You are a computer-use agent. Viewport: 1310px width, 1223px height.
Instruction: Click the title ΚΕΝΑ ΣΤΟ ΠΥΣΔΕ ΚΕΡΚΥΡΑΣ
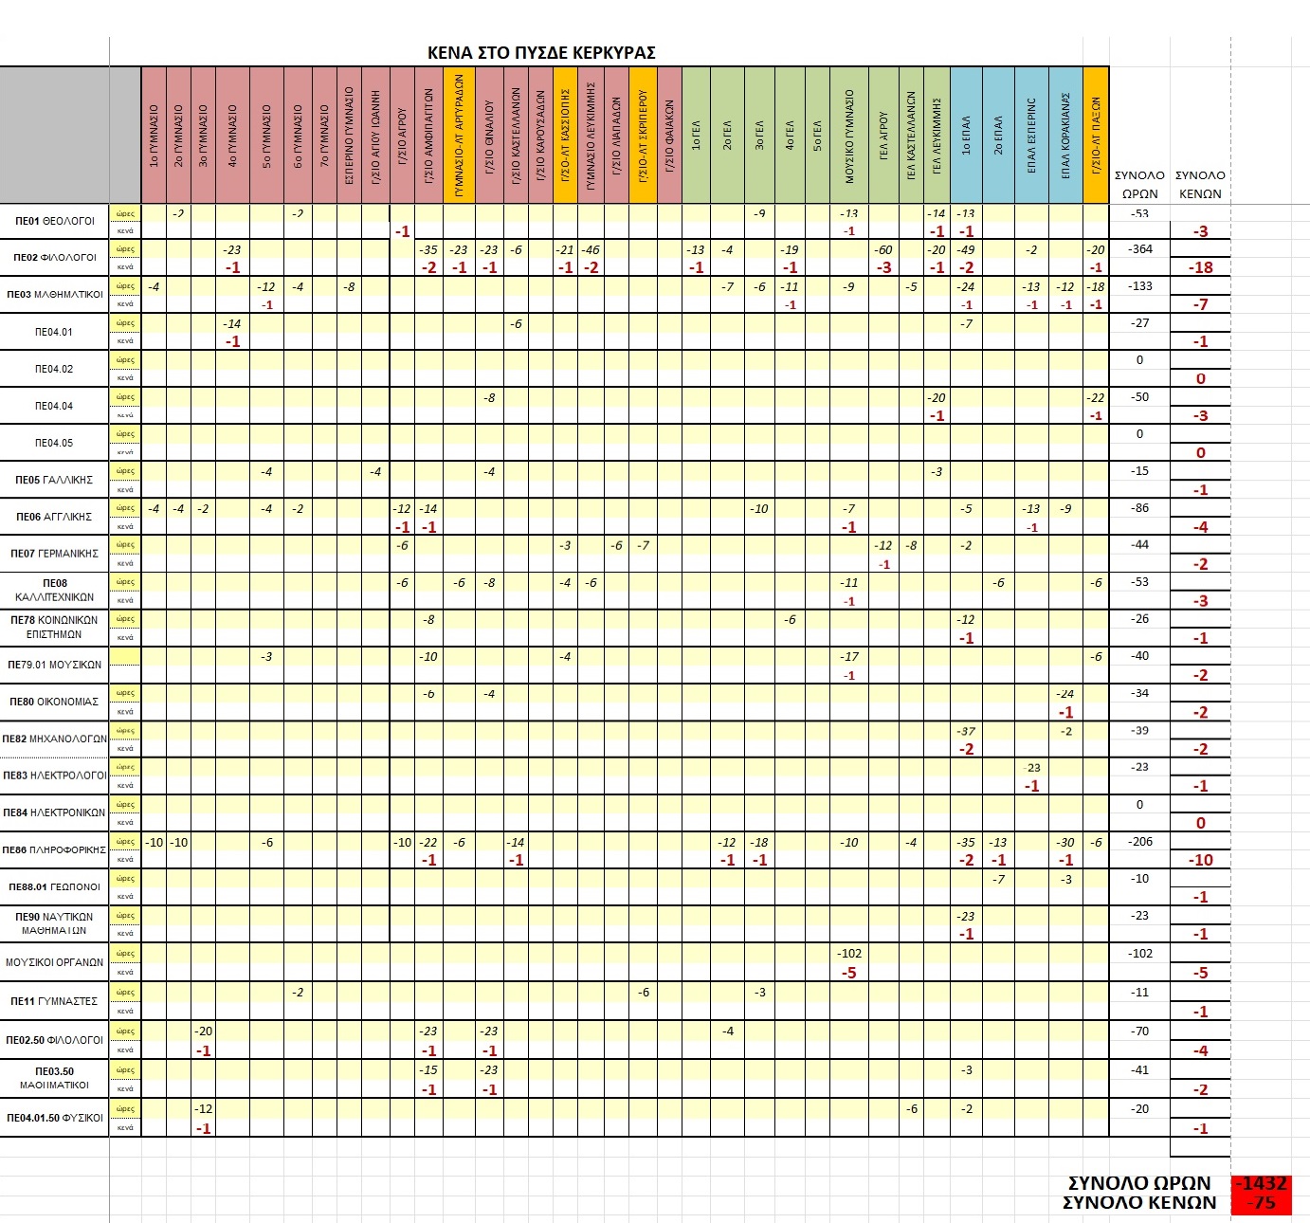tap(541, 53)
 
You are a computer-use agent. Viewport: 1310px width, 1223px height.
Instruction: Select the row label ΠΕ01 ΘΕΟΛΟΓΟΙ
tap(55, 221)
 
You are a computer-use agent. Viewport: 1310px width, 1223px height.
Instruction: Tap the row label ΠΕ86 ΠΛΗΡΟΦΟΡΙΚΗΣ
tap(54, 850)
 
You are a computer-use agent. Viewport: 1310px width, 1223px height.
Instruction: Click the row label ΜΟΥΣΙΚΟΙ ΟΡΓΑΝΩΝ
tap(54, 962)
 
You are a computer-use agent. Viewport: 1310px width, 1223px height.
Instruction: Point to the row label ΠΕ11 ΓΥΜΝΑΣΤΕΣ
tap(54, 1001)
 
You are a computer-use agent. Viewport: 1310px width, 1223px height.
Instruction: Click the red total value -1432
tap(1262, 1183)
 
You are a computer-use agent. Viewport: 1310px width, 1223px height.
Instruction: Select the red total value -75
tap(1262, 1203)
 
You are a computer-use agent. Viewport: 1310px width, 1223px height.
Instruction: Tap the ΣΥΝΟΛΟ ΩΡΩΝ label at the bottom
tap(1139, 1183)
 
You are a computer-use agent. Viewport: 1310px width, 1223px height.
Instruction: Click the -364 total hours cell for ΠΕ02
tap(1139, 249)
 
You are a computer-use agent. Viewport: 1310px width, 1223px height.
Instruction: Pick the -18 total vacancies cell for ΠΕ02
tap(1201, 267)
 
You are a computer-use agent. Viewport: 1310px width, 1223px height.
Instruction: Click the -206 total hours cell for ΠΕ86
tap(1139, 842)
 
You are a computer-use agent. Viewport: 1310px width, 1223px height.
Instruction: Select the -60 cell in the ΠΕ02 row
tap(883, 250)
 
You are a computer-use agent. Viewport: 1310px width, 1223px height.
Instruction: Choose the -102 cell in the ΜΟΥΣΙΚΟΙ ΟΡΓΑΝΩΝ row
tap(849, 954)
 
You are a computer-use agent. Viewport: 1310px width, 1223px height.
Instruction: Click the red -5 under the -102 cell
tap(849, 973)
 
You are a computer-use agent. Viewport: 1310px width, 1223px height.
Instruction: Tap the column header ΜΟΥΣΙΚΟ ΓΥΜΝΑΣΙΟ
tap(849, 136)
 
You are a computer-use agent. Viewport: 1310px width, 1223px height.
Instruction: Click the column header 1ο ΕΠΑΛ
tap(966, 136)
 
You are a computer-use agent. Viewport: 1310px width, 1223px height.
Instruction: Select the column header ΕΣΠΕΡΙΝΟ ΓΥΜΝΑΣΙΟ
tap(349, 136)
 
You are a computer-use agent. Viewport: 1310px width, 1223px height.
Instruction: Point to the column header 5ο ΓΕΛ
tap(817, 136)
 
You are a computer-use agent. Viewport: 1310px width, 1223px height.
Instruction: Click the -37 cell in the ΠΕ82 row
tap(966, 731)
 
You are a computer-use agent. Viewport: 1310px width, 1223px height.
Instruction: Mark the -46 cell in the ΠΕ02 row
tap(591, 250)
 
